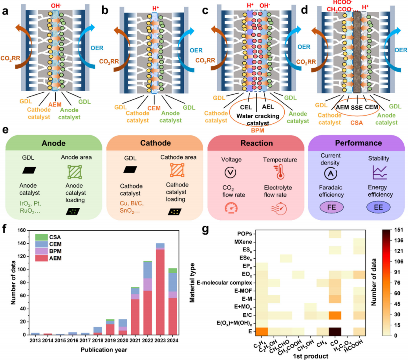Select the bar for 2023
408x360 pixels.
(160, 291)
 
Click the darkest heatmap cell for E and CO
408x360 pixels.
(335, 331)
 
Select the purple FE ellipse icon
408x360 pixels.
(333, 207)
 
